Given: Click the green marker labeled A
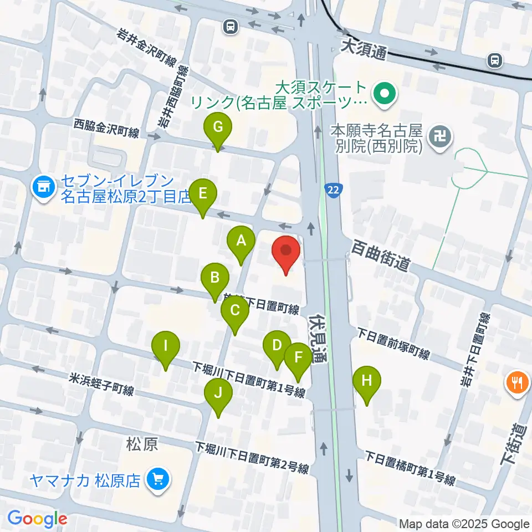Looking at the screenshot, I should click(241, 242).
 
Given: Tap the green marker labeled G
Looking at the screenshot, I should click(218, 128).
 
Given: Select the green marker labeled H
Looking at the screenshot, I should click(367, 381).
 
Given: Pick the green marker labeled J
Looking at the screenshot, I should click(218, 394).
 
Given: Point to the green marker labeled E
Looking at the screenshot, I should click(203, 195).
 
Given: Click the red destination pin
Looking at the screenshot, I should click(286, 252).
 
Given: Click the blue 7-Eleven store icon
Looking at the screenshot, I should click(42, 187).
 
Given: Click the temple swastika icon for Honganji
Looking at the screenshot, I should click(441, 135).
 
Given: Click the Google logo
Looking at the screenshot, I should click(37, 519).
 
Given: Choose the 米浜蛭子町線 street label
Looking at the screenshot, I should click(101, 385).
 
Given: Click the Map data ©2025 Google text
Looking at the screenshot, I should click(464, 524).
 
